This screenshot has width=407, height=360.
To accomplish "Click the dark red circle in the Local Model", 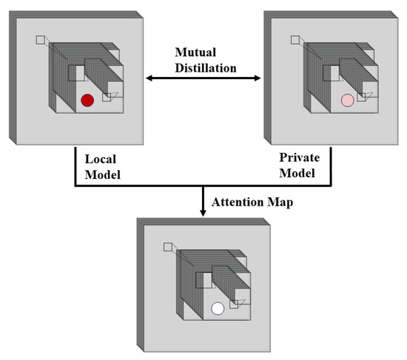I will point(87,101).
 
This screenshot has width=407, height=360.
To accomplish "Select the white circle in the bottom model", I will point(218,309).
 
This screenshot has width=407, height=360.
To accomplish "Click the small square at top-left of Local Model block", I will point(41,40).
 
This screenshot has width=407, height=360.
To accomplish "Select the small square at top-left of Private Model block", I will point(300,40).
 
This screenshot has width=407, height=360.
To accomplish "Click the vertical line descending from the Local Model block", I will point(75,166).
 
